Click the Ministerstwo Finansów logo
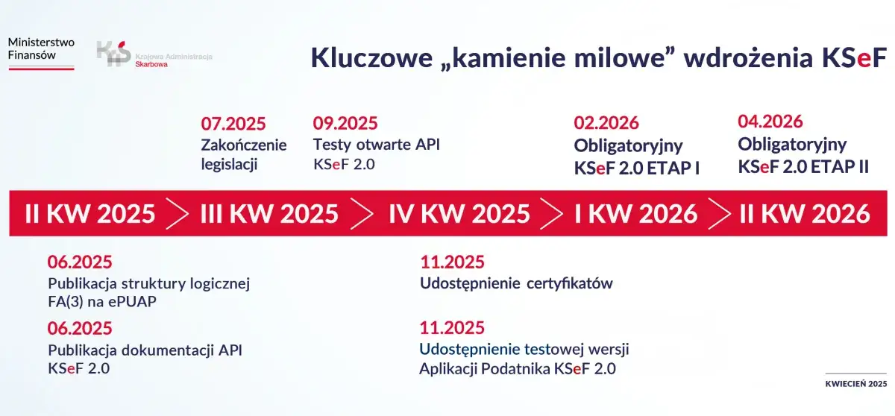(x=41, y=53)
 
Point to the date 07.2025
(x=233, y=124)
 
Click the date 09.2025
(x=345, y=124)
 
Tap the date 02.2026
(x=606, y=124)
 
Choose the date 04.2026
(x=770, y=122)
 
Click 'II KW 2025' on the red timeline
(x=90, y=214)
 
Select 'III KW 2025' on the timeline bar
(x=269, y=214)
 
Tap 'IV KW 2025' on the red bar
(x=459, y=214)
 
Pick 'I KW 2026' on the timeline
(x=635, y=214)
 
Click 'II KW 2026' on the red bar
(x=805, y=214)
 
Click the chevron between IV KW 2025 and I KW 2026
(x=553, y=214)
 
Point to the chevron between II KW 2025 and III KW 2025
(x=178, y=214)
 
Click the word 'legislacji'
(x=229, y=165)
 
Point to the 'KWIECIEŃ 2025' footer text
(x=855, y=384)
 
